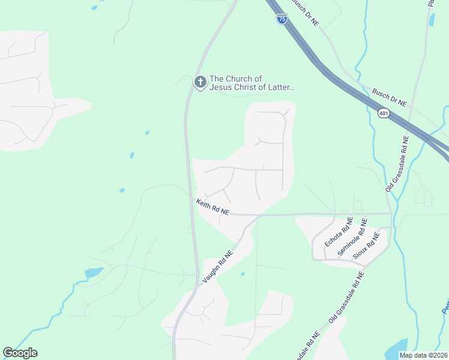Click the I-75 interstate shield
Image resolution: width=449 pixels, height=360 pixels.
(282, 19)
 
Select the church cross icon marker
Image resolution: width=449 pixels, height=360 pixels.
(200, 82)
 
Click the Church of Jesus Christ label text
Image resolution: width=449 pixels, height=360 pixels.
(252, 83)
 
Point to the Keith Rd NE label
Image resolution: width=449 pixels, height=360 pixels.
(212, 208)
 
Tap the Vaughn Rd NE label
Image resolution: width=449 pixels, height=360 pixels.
(217, 267)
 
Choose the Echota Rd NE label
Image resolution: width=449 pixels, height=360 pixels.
(338, 233)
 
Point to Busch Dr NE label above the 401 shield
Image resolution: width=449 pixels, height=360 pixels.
(390, 97)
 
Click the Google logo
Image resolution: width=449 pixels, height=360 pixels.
(20, 353)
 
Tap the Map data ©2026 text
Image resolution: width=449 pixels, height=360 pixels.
(423, 355)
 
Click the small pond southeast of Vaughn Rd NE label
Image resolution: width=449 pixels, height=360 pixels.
(243, 274)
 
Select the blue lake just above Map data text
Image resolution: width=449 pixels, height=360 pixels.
(396, 346)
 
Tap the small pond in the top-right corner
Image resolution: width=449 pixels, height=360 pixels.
(432, 20)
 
